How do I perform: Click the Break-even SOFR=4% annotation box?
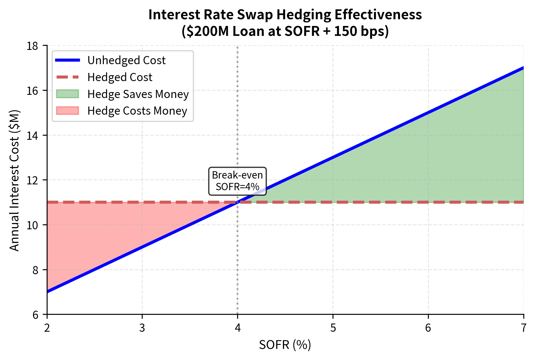237,181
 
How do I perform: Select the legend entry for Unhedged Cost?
126,60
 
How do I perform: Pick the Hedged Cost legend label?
120,77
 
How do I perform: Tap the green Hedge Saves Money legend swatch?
67,94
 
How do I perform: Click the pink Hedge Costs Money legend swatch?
67,111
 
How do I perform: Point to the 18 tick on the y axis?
32,46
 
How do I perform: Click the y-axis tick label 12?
32,180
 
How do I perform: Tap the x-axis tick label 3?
142,328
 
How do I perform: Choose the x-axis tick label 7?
524,328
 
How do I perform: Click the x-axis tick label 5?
333,328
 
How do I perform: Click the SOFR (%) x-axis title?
285,345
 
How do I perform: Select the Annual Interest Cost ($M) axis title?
14,180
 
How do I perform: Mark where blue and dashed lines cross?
237,202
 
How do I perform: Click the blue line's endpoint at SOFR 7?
523,68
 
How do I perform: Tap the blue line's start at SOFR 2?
48,291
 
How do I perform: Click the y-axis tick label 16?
32,91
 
